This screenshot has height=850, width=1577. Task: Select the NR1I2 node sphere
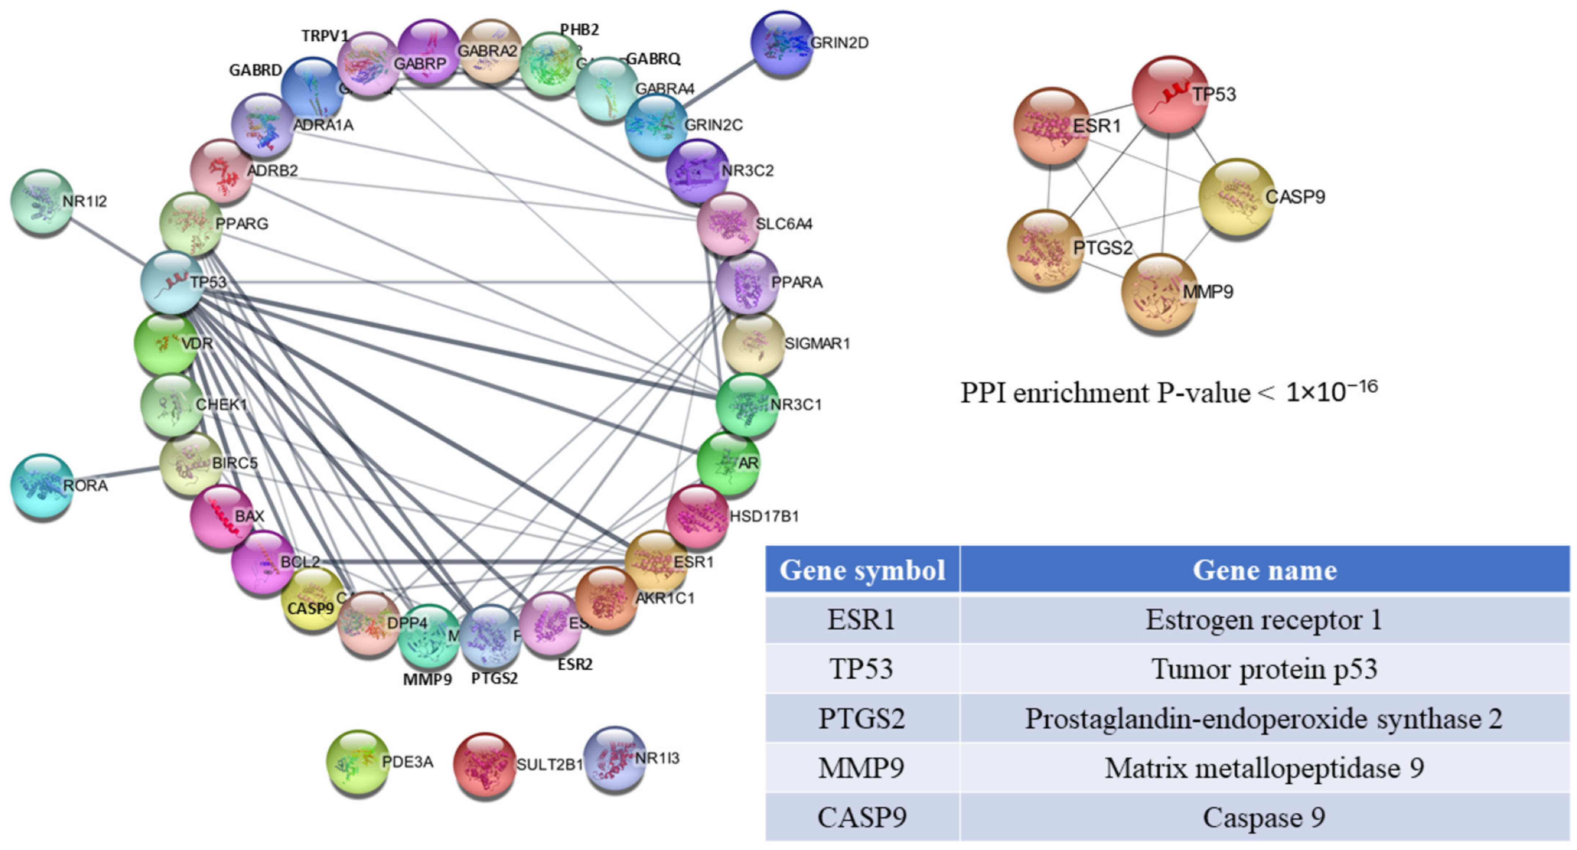pyautogui.click(x=42, y=201)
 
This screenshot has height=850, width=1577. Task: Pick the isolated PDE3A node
pyautogui.click(x=357, y=761)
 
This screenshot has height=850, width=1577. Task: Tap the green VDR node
pyautogui.click(x=165, y=343)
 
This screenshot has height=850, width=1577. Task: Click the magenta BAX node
pyautogui.click(x=221, y=516)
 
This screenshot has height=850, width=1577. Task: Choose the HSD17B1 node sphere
pyautogui.click(x=697, y=516)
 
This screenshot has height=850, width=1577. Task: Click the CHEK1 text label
pyautogui.click(x=221, y=405)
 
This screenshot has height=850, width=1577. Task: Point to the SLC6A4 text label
pyautogui.click(x=784, y=224)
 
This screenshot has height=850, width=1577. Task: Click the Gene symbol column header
pyautogui.click(x=862, y=570)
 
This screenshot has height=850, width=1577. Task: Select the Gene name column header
pyautogui.click(x=1265, y=570)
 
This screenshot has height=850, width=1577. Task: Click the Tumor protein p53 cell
pyautogui.click(x=1265, y=669)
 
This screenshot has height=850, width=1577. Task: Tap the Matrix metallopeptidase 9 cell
pyautogui.click(x=1265, y=768)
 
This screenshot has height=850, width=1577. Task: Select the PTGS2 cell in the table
pyautogui.click(x=862, y=718)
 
